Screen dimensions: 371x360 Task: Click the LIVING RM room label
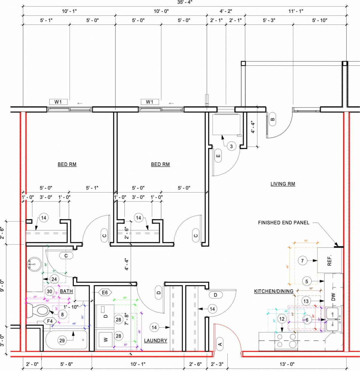click(x=283, y=184)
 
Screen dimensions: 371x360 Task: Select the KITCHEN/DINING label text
click(x=274, y=291)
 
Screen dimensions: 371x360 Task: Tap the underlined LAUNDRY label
click(x=155, y=341)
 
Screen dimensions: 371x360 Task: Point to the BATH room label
click(x=66, y=291)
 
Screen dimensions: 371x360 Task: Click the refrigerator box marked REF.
click(x=330, y=260)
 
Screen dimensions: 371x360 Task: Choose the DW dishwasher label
click(x=333, y=297)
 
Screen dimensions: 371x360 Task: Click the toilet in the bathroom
click(x=38, y=311)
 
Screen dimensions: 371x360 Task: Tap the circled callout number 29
click(x=62, y=341)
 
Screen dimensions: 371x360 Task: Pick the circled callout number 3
click(x=231, y=146)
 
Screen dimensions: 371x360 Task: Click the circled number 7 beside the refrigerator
click(x=302, y=261)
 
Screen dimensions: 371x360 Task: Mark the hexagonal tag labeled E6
click(x=105, y=292)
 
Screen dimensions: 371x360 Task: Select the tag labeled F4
click(x=50, y=321)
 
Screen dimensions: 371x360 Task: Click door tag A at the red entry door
click(x=220, y=344)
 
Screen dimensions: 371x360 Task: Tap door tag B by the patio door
click(x=272, y=120)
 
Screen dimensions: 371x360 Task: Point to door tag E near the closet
click(x=218, y=156)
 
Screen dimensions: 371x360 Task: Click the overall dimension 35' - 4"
click(x=184, y=2)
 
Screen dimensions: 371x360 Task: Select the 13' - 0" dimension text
click(x=287, y=364)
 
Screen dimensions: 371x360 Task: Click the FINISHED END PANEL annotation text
click(x=283, y=222)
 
